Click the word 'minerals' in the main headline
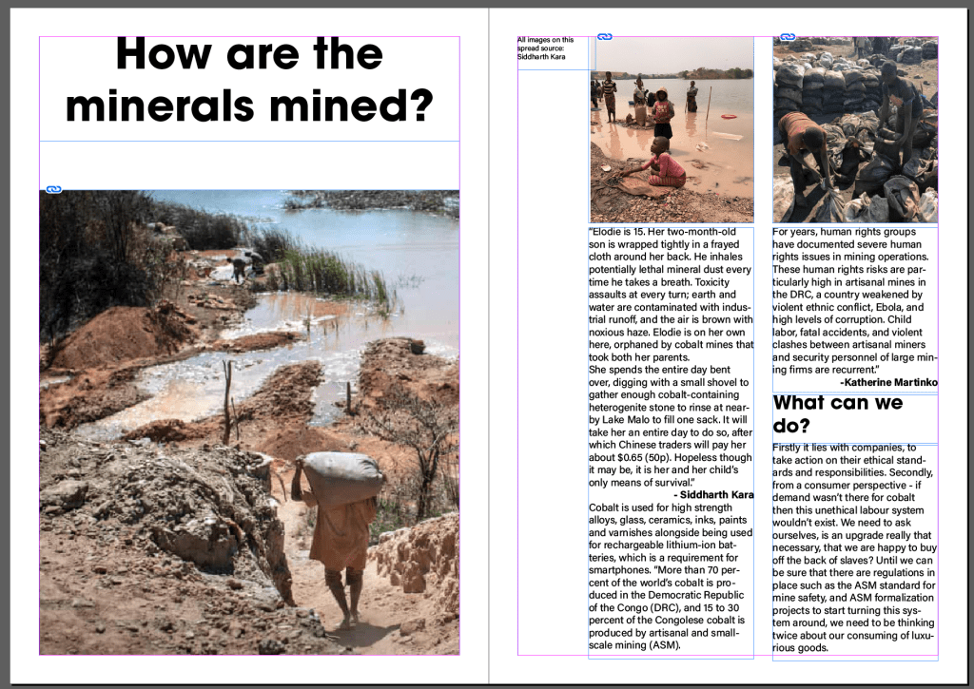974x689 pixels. tap(178, 105)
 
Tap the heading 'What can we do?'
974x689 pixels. tap(837, 413)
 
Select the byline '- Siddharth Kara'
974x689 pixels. tap(713, 495)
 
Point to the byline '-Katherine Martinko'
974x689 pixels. tap(889, 382)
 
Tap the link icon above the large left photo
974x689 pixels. tap(53, 190)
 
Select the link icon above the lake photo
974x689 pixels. tap(605, 37)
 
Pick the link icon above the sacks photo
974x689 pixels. tap(787, 37)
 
